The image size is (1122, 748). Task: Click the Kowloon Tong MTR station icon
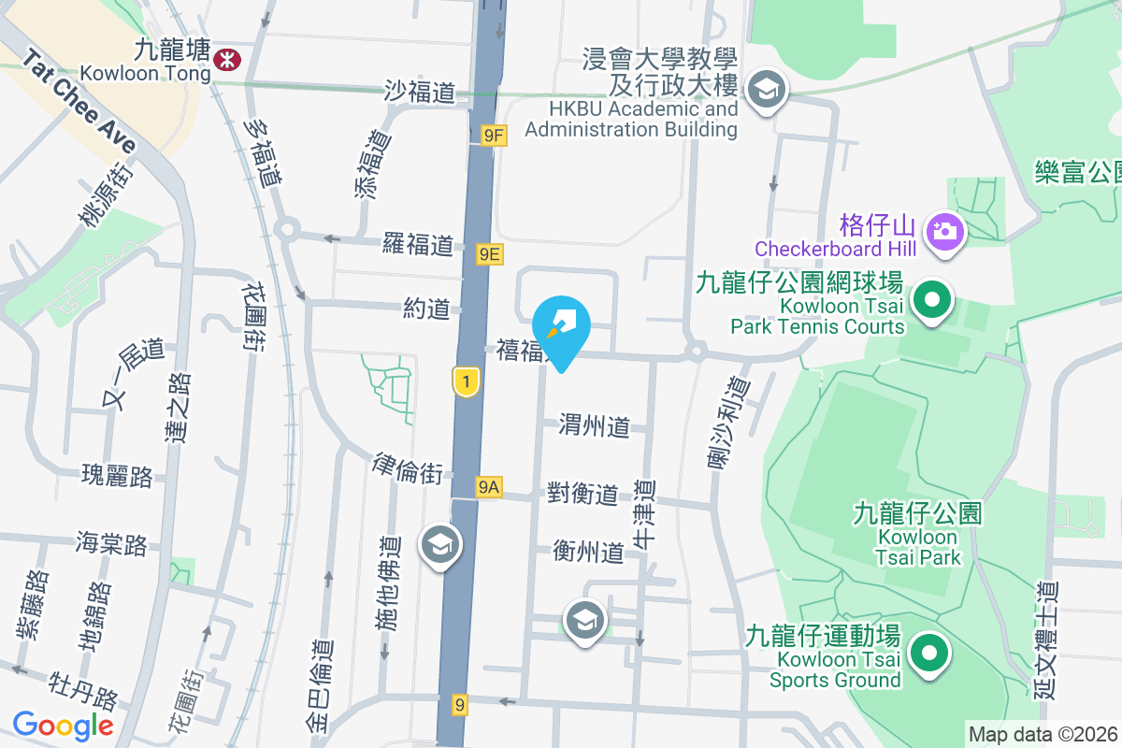(225, 60)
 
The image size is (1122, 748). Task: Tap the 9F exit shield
(494, 137)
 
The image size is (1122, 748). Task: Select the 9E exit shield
(489, 253)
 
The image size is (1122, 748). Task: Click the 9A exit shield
(489, 487)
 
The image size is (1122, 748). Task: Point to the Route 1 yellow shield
(466, 381)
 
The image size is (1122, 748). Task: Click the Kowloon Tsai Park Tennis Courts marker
(931, 301)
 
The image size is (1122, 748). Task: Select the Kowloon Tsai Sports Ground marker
(928, 654)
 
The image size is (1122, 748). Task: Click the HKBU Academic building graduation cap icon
(767, 90)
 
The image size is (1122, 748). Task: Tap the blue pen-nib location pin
(561, 325)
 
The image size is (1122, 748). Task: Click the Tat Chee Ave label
(79, 103)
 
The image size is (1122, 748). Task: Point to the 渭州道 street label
(595, 426)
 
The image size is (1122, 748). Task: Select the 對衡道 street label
(583, 494)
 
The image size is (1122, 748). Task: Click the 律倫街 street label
(408, 468)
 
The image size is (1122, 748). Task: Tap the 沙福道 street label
(420, 91)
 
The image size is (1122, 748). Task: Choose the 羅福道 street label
(418, 245)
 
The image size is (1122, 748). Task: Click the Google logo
(63, 725)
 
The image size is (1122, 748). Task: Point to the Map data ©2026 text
(1043, 735)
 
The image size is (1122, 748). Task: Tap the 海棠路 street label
(112, 543)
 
